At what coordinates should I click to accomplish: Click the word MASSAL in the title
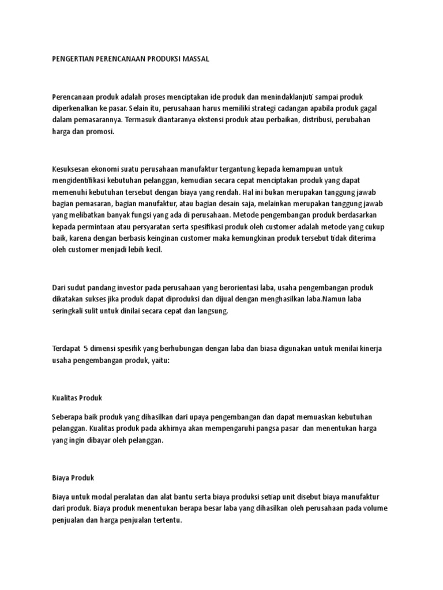pos(195,59)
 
